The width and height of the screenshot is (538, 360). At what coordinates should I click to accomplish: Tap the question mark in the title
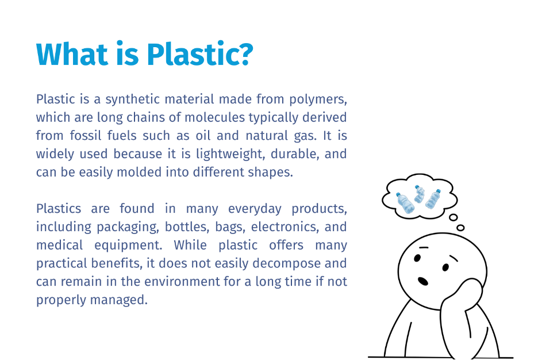click(x=246, y=54)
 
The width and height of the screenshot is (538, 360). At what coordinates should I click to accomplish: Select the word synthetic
click(x=132, y=99)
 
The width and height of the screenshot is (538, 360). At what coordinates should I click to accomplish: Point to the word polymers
click(x=318, y=99)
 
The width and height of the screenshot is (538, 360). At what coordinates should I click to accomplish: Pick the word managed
click(x=119, y=300)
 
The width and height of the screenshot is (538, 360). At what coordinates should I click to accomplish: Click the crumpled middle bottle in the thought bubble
click(x=419, y=194)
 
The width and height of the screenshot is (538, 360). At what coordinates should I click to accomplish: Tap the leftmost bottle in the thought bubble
click(x=405, y=203)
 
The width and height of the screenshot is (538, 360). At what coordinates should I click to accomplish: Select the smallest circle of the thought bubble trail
click(x=461, y=228)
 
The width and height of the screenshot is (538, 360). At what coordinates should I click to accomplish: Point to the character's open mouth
click(x=423, y=281)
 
